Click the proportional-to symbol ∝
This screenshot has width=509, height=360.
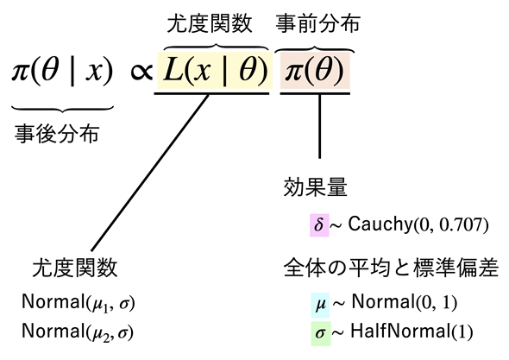coord(141,72)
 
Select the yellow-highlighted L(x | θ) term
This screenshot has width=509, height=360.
coord(215,71)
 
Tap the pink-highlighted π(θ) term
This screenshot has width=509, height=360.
coord(315,71)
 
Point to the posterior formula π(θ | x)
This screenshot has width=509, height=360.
coord(62,71)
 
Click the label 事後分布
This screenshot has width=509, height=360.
coord(57,134)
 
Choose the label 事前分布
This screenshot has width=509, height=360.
coord(318,23)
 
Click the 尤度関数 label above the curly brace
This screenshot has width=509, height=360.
coord(210,23)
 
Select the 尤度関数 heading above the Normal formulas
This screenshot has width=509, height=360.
coord(75,268)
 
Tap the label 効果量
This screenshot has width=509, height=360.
coord(315,187)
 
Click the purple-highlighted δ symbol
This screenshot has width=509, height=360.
coord(319,224)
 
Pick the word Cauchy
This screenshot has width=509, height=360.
coord(380,224)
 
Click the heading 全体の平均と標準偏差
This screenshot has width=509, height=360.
coord(391,268)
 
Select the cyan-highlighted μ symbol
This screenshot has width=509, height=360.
coord(320,305)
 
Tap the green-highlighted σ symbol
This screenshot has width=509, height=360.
coord(321,333)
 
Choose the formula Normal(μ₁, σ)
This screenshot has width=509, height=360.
coord(78,303)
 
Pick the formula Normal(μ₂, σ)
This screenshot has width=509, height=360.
coord(78,332)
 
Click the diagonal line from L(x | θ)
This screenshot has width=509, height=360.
coord(149,173)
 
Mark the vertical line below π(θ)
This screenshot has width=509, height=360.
coord(319,126)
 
